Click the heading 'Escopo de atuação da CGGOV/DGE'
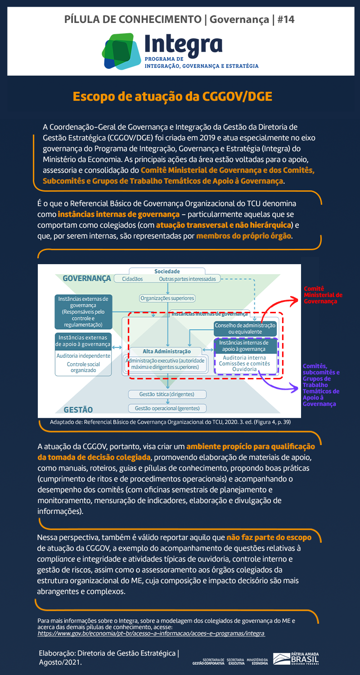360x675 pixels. pyautogui.click(x=172, y=97)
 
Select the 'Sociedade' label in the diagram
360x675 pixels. pyautogui.click(x=167, y=271)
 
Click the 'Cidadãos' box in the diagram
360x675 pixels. pyautogui.click(x=132, y=279)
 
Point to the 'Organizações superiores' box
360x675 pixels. pyautogui.click(x=167, y=298)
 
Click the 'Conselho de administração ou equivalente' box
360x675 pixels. pyautogui.click(x=245, y=328)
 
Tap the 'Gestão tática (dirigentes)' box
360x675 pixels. pyautogui.click(x=166, y=394)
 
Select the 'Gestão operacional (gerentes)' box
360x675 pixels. pyautogui.click(x=166, y=408)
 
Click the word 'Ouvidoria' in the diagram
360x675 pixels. pyautogui.click(x=244, y=369)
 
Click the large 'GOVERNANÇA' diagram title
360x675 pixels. pyautogui.click(x=87, y=279)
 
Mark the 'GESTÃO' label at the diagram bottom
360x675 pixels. pyautogui.click(x=78, y=409)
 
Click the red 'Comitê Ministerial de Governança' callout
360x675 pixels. pyautogui.click(x=323, y=295)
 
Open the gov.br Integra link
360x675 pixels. pyautogui.click(x=151, y=633)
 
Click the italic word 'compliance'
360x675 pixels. pyautogui.click(x=56, y=559)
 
